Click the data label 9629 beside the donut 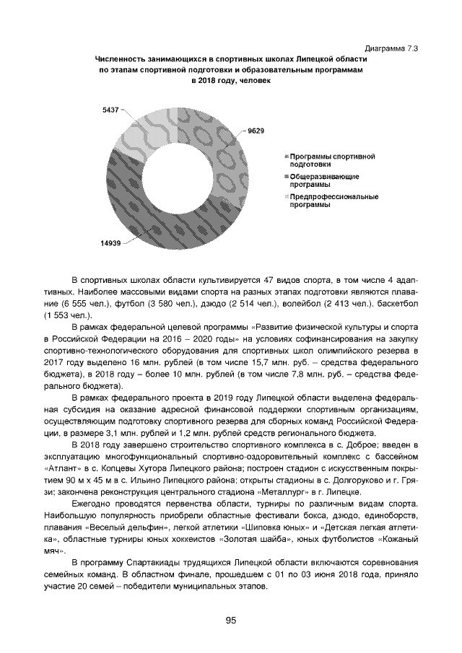(x=257, y=131)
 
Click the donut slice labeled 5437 (x=141, y=133)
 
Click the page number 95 (x=231, y=620)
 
